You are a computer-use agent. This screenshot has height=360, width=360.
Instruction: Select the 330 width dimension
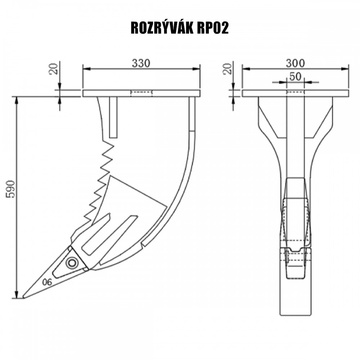pos(141,63)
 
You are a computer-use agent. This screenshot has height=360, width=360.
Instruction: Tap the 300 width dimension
pos(294,63)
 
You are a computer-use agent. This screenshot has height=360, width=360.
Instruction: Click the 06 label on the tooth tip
pos(49,281)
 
